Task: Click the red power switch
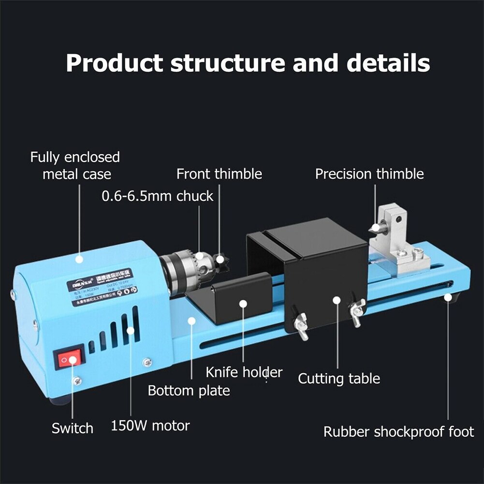[68, 360]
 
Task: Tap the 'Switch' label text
[73, 428]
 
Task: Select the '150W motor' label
[150, 426]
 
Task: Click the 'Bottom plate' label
[189, 390]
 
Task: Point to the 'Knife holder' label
[244, 372]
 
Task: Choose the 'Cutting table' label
[339, 378]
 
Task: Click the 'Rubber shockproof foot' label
[399, 431]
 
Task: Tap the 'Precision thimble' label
[369, 174]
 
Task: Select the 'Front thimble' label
[219, 174]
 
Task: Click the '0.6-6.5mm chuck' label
[157, 196]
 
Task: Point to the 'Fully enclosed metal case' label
[75, 165]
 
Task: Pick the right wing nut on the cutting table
[357, 312]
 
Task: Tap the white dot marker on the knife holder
[244, 304]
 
